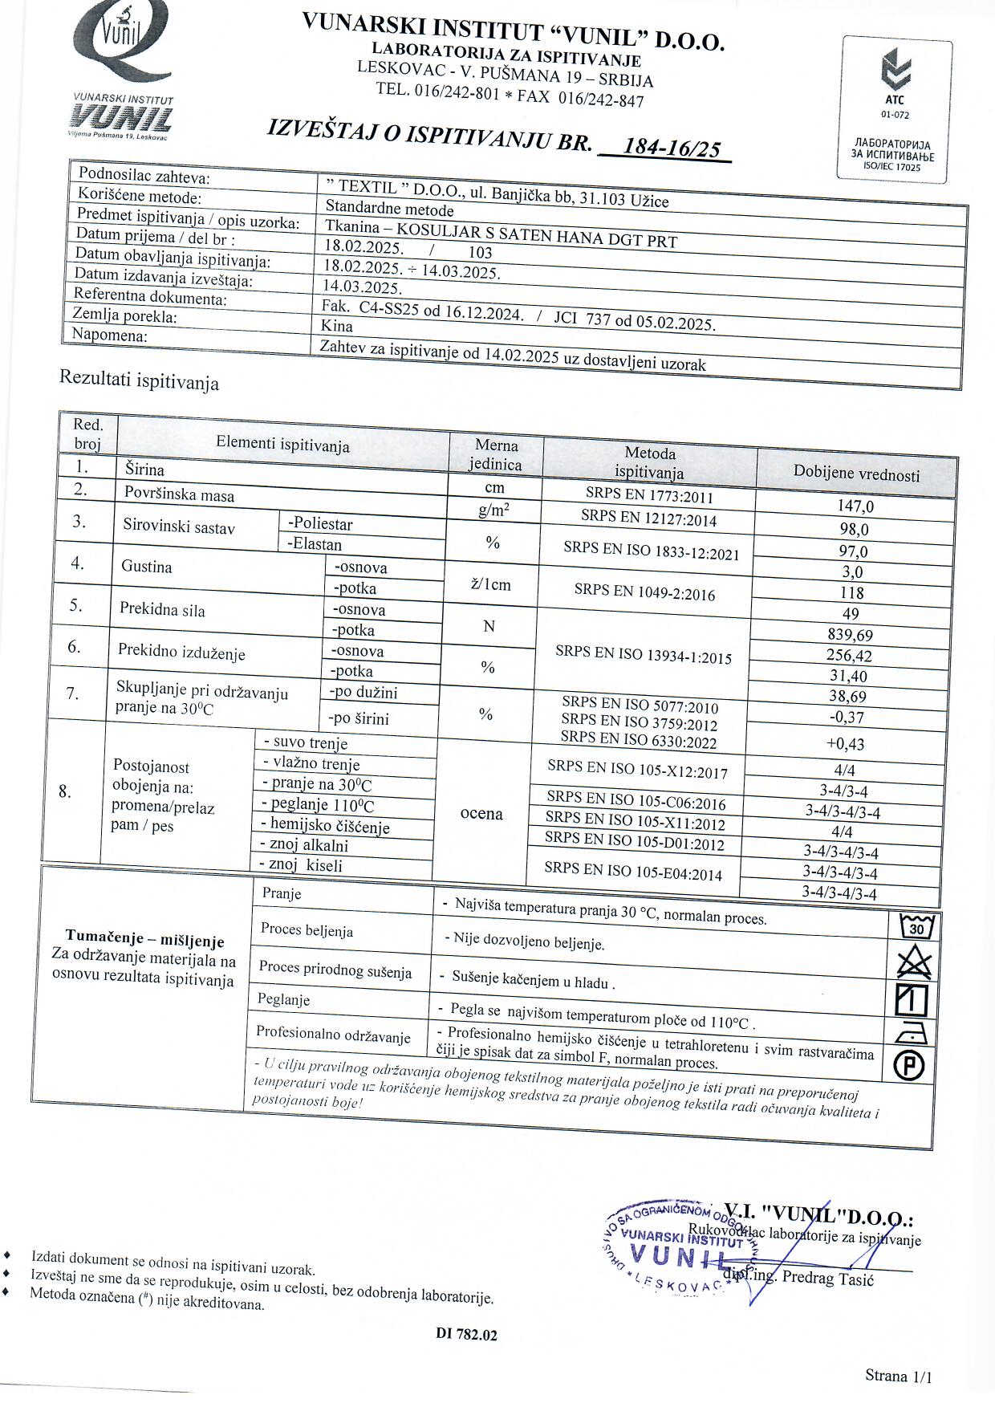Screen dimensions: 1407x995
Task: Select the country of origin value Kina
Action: [338, 326]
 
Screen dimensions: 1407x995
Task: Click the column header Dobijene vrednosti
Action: [856, 474]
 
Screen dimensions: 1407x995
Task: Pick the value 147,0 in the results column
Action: [855, 506]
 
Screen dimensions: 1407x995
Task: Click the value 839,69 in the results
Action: [850, 635]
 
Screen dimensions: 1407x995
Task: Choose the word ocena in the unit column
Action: [481, 814]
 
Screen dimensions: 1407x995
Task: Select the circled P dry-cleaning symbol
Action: [909, 1065]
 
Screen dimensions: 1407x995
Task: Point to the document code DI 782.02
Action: [467, 1335]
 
